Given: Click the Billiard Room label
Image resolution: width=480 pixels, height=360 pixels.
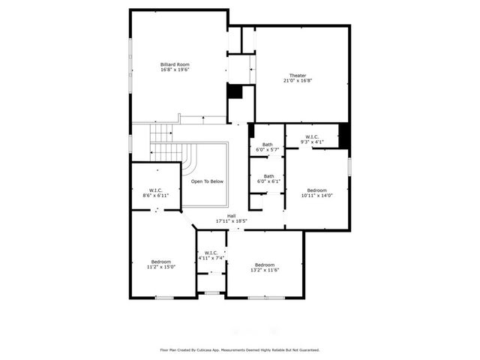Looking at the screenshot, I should (x=175, y=64).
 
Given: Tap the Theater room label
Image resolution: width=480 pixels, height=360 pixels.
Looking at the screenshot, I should (x=298, y=76).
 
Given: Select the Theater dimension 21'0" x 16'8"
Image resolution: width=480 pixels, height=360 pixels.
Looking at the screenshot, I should (x=298, y=82).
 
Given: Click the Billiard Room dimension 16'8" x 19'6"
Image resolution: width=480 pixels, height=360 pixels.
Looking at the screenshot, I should (x=175, y=70).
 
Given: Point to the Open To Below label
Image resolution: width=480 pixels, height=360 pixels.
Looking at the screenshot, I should (x=207, y=181).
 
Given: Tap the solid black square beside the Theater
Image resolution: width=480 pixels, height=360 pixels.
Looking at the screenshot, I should (x=235, y=91).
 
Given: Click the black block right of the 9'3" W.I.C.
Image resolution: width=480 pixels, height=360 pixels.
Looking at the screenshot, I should (x=344, y=135).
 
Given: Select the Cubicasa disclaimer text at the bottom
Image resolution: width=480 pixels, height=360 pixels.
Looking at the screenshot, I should (x=239, y=349).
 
